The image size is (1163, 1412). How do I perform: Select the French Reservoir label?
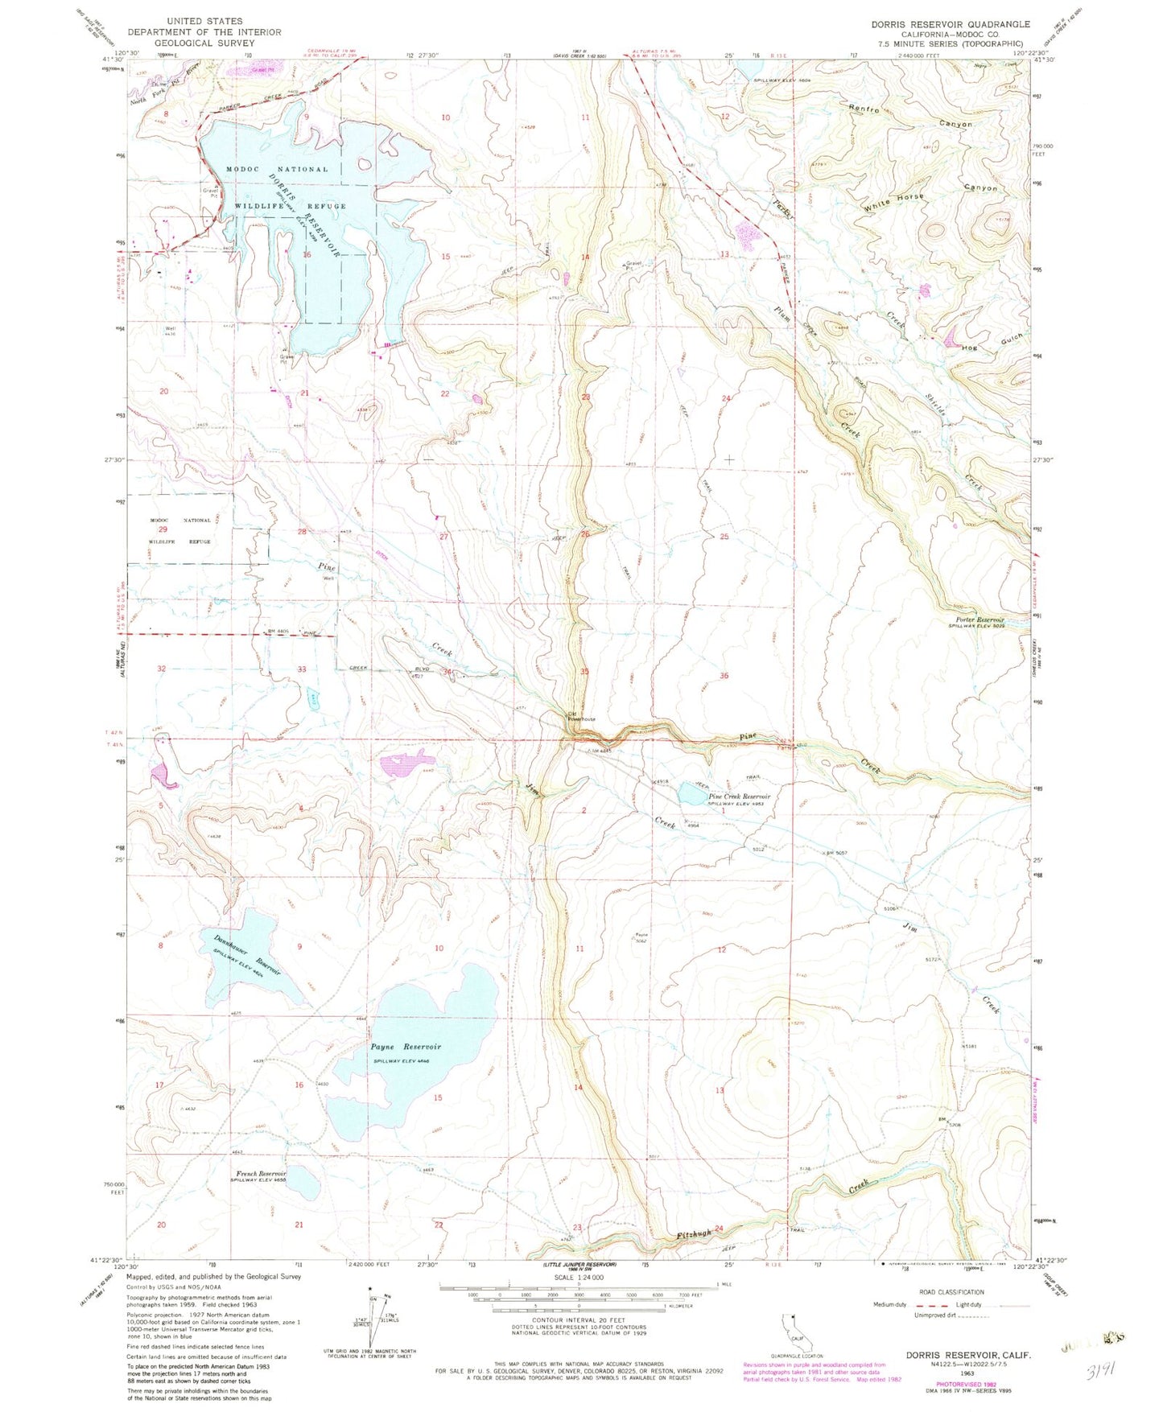click(x=261, y=1173)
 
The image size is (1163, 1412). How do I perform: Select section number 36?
click(x=724, y=675)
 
